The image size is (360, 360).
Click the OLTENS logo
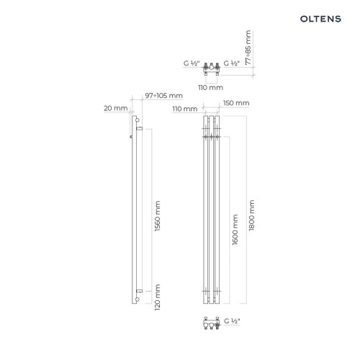click(x=320, y=19)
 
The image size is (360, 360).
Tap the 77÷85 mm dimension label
click(x=248, y=48)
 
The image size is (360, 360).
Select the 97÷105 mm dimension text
click(x=163, y=96)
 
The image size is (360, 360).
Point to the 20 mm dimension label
click(x=116, y=108)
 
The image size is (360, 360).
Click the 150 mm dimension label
click(x=236, y=103)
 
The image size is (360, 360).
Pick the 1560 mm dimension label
click(x=157, y=216)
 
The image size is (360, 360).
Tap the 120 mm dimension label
click(x=157, y=297)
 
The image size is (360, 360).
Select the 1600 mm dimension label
click(x=235, y=230)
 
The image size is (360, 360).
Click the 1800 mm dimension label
click(x=251, y=215)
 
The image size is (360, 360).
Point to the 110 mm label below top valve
click(x=210, y=88)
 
